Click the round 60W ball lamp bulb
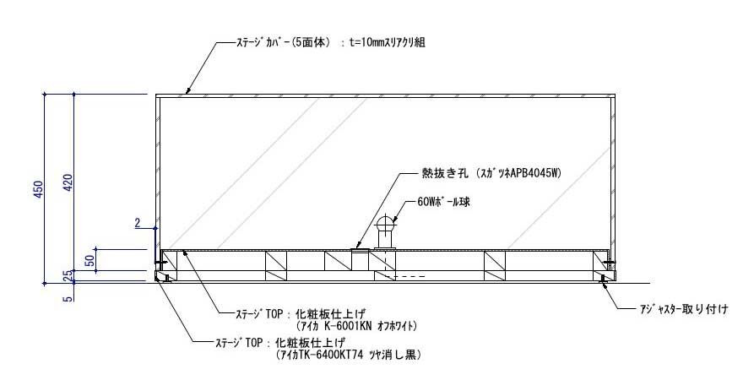(387, 224)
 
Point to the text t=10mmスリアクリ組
(385, 41)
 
